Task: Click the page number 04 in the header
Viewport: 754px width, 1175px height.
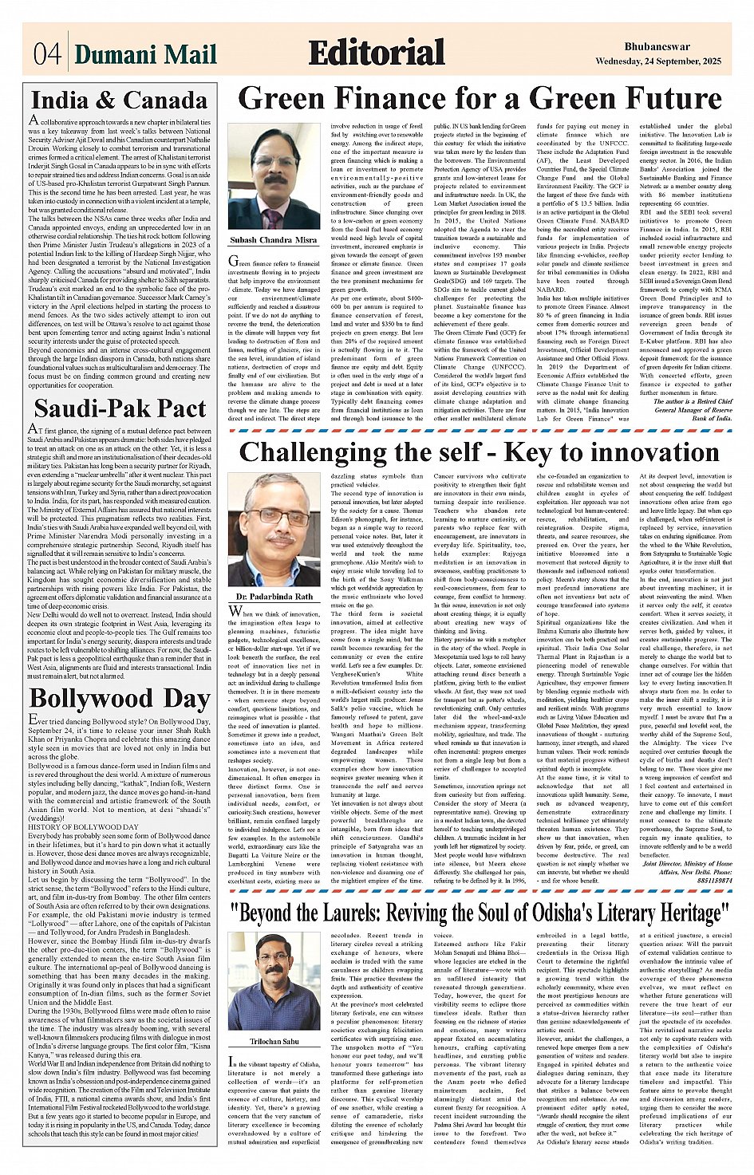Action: tap(47, 54)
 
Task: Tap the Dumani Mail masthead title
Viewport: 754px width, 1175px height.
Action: tap(145, 54)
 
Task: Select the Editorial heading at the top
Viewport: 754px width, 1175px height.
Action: tap(376, 53)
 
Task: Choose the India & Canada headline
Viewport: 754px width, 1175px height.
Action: tap(118, 101)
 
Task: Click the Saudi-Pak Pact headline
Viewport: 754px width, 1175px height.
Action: tap(120, 408)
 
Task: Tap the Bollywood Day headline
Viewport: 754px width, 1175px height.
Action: tap(119, 700)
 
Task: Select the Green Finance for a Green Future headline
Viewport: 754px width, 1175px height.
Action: tap(480, 99)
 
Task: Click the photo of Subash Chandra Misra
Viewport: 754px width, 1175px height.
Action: tap(274, 176)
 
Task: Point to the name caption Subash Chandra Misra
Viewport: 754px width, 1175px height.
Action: tap(274, 239)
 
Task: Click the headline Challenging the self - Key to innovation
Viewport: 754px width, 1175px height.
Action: tap(479, 452)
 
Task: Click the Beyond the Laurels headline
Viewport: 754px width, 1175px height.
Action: tap(480, 912)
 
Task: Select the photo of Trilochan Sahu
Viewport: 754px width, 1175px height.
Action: tap(274, 980)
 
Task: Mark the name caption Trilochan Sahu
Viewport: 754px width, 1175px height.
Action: tap(274, 1042)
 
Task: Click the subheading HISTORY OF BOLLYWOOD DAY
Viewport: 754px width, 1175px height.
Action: tap(84, 826)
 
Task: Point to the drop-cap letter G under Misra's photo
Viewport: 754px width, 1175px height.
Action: tap(234, 262)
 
